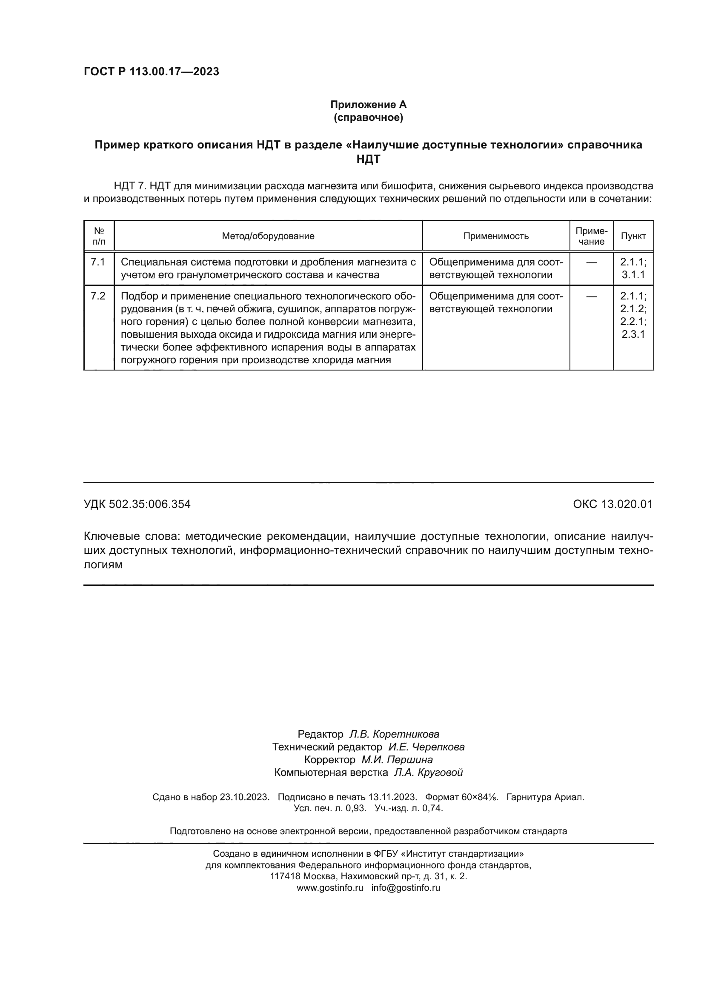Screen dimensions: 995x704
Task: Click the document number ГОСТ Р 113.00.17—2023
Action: (151, 71)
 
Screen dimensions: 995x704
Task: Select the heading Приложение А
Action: (369, 105)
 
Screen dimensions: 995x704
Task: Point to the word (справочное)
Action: (369, 117)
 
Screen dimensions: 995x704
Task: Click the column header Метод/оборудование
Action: (268, 236)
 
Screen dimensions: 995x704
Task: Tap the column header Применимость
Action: (496, 236)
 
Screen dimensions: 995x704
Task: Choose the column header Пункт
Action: (633, 236)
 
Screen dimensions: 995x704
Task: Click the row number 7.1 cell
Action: (98, 262)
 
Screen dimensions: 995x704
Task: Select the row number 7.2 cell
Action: (98, 297)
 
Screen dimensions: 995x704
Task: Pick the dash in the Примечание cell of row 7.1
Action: (591, 262)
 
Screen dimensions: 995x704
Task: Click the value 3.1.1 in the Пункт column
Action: (633, 275)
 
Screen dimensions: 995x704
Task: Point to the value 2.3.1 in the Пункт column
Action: (633, 334)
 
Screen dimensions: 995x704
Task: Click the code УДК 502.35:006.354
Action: (137, 504)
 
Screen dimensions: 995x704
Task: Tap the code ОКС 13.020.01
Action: (612, 504)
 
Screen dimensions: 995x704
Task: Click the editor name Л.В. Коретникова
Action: (394, 734)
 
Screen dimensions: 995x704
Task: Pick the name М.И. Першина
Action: (397, 760)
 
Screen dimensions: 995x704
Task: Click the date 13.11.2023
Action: (392, 797)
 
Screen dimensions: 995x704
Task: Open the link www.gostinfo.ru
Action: (330, 887)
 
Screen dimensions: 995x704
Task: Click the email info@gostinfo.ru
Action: (406, 887)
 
